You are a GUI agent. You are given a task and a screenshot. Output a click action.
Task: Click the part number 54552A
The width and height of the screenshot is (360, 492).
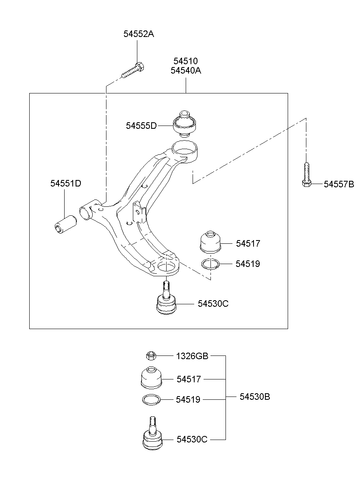click(139, 34)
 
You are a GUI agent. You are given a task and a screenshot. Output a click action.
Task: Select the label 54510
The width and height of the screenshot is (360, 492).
click(185, 61)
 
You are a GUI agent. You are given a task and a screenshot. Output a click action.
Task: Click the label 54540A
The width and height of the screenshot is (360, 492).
click(186, 71)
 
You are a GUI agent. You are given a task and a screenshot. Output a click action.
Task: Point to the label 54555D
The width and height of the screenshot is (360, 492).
click(141, 126)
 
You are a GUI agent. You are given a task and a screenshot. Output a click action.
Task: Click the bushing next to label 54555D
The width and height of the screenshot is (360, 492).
click(184, 123)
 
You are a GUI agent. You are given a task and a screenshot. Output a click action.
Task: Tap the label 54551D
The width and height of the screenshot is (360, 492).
click(65, 184)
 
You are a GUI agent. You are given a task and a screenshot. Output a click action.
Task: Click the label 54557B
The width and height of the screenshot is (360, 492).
click(339, 184)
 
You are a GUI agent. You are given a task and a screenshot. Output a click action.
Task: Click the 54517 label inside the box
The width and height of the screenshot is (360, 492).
click(248, 244)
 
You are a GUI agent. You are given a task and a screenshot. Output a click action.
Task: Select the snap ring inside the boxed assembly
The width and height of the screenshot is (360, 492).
click(210, 264)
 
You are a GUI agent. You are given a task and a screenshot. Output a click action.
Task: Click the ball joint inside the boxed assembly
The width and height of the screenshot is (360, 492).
click(166, 301)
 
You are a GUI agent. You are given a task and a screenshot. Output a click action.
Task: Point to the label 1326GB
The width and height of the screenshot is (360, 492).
click(192, 356)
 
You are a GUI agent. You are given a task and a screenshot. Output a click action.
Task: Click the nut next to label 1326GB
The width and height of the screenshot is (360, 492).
click(151, 356)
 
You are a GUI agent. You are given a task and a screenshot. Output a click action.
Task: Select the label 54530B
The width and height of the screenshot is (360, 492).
click(254, 397)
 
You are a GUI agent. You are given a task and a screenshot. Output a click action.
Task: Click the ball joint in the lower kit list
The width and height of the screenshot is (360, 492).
click(153, 435)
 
